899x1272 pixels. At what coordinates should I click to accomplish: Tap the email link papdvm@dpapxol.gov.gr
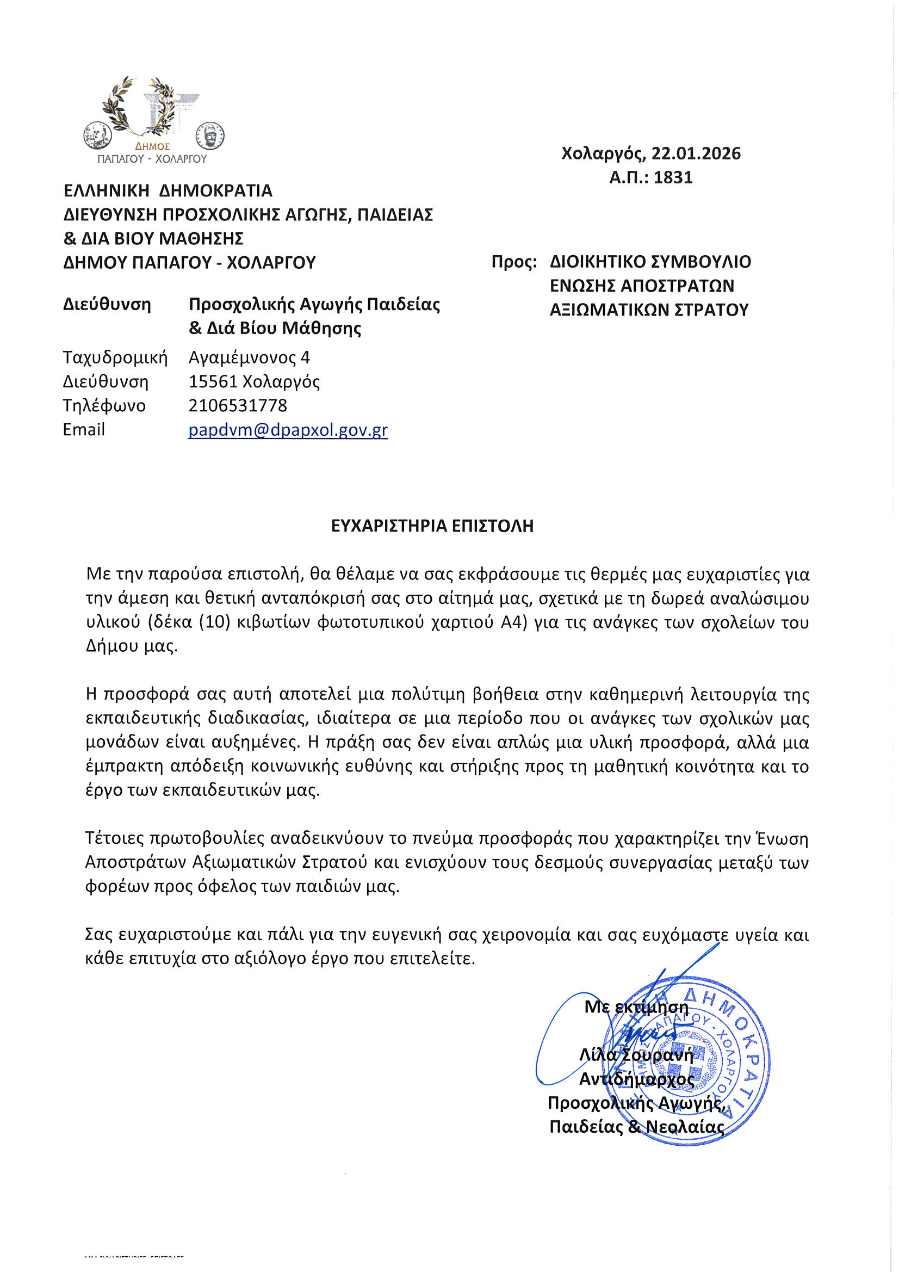tap(288, 430)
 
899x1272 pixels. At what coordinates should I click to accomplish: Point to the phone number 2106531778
tap(238, 405)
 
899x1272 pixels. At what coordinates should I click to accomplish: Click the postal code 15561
tap(213, 382)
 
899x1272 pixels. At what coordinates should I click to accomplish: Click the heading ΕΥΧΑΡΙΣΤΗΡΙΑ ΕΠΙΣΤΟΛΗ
tap(432, 526)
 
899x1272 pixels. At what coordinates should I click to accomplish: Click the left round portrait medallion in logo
tap(97, 135)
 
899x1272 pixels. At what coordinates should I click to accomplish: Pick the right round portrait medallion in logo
tap(210, 135)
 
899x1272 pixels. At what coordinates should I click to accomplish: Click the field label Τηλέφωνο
tap(104, 405)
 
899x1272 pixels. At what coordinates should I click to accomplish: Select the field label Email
tap(84, 430)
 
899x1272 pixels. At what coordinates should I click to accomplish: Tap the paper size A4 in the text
tap(513, 623)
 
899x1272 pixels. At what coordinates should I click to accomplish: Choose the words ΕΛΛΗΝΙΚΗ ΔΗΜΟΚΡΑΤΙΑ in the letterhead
tap(168, 190)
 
